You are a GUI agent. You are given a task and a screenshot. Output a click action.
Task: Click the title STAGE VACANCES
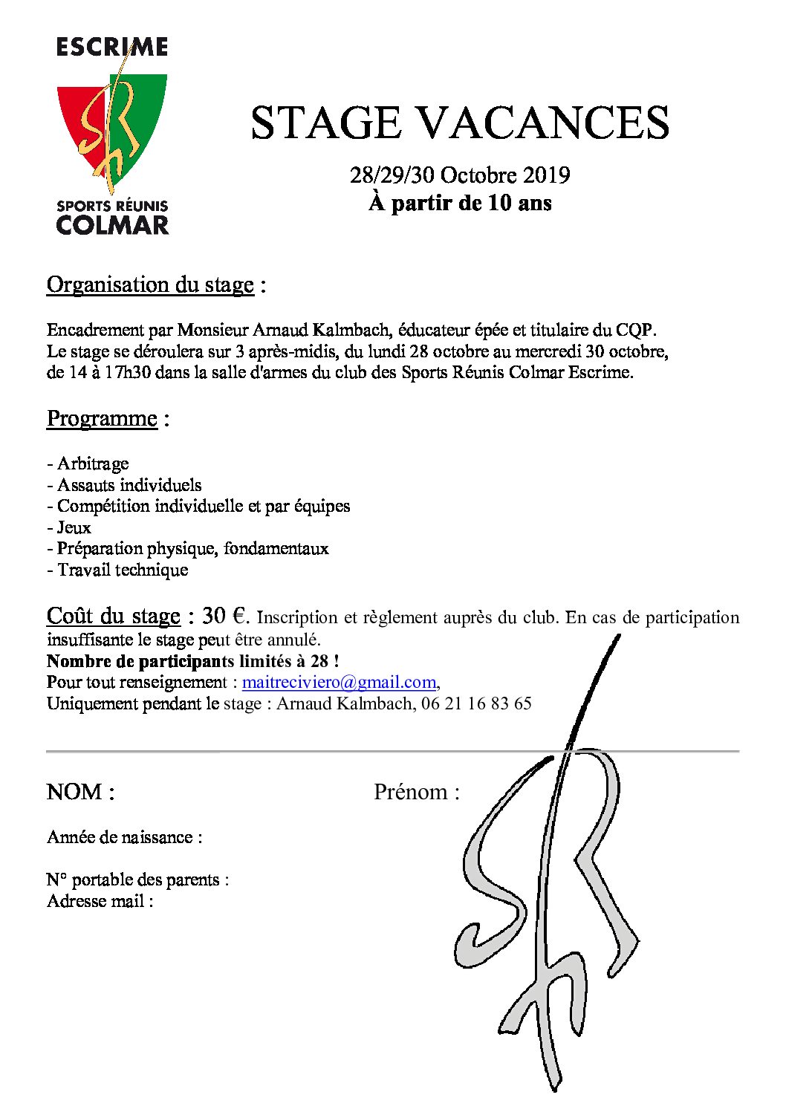coord(460,123)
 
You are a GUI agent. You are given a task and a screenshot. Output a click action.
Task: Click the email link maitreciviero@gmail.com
coord(340,682)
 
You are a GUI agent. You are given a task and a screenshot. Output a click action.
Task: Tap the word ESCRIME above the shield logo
coord(112,48)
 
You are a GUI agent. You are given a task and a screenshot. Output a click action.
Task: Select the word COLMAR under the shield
coord(112,224)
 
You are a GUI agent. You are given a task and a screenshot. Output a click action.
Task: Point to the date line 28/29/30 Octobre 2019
coord(460,175)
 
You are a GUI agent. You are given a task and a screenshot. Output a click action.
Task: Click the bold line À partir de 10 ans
coord(460,203)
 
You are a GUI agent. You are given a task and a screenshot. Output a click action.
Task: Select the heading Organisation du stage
coord(150,284)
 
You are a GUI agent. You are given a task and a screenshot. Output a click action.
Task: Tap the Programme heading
coord(102,418)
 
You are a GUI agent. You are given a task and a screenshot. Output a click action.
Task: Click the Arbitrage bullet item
coord(88,464)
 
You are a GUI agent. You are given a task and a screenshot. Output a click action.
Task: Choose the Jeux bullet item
coord(69,527)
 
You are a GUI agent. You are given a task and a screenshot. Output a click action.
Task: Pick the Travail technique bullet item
coord(117,570)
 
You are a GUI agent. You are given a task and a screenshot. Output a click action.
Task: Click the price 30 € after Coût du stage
coord(225,616)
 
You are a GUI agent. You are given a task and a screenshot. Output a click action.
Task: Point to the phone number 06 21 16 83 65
coord(476,703)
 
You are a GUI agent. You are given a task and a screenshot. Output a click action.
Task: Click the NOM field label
coord(80,792)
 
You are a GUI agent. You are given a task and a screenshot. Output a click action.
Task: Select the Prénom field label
coord(416,792)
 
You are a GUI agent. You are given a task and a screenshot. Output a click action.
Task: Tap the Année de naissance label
coord(124,837)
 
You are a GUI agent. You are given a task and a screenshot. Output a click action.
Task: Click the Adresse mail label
coord(100,901)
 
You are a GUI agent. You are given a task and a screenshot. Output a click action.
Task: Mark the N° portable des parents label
coord(137,879)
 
